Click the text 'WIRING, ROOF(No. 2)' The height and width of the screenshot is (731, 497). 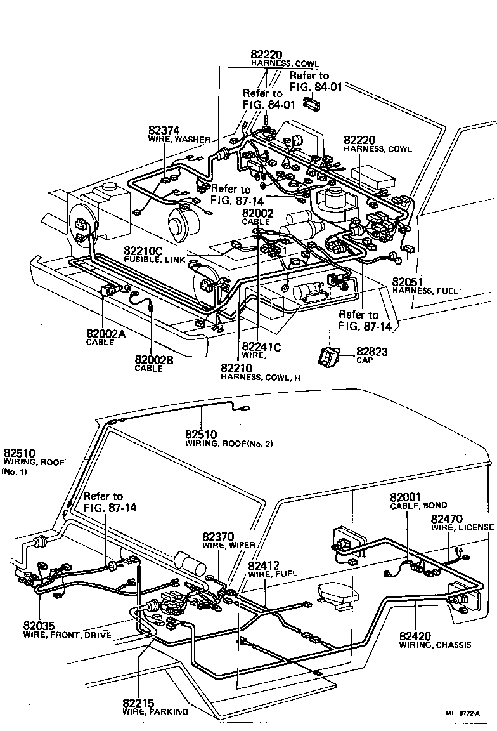(229, 444)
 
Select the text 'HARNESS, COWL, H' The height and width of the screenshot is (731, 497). (260, 377)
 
